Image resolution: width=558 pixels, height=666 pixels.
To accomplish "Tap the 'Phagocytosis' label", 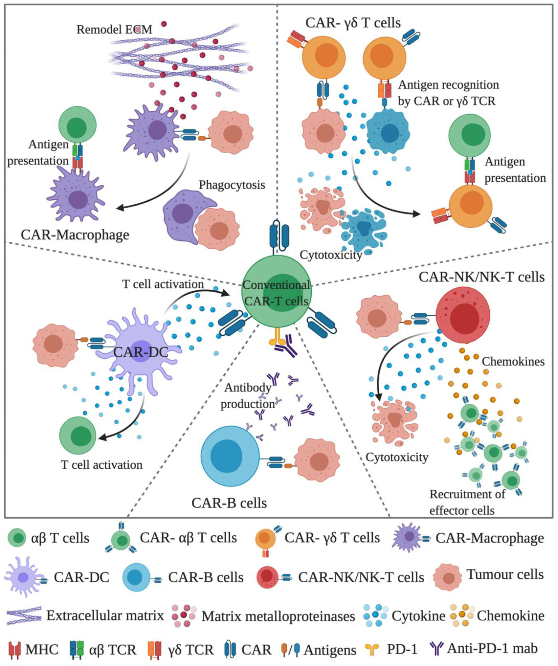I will pos(232,185).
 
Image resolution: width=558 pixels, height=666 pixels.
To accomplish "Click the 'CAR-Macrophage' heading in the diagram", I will pos(75,235).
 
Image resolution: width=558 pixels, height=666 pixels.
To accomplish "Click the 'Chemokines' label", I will pos(513,362).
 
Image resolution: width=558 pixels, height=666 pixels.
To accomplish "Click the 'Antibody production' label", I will pos(248,396).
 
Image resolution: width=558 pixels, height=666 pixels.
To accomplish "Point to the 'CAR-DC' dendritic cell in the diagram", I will pos(140,351).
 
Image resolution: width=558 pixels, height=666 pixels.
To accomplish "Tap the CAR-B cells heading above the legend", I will pos(229,503).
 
